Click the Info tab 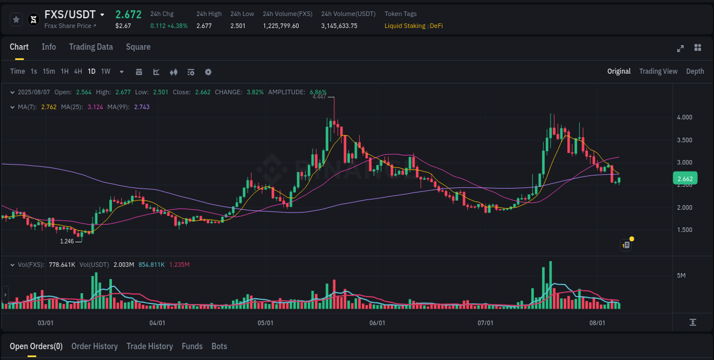49,47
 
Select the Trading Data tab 91,47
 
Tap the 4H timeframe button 78,71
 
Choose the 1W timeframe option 106,71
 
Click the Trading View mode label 658,71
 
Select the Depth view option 695,71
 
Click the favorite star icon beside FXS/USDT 16,19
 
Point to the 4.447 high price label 319,97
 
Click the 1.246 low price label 67,241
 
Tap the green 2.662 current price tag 684,179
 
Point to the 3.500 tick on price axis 684,140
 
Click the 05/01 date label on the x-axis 266,323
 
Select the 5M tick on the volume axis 681,275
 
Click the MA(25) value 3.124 95,107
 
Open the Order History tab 94,346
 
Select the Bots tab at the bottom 219,346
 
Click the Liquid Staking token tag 404,26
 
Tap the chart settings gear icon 208,72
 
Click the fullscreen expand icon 680,48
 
